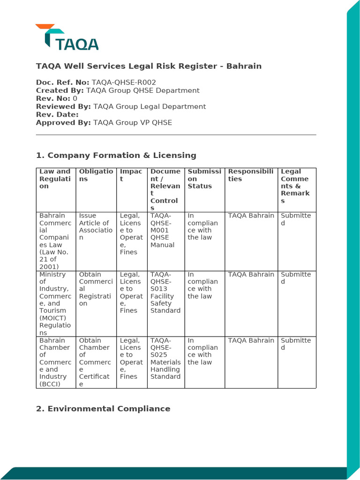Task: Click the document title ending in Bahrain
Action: click(x=149, y=66)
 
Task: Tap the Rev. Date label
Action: click(x=57, y=114)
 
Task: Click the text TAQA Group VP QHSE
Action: click(x=133, y=123)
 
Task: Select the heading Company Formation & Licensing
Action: click(x=116, y=155)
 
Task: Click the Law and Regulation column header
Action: click(x=55, y=179)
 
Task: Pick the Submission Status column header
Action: click(x=204, y=179)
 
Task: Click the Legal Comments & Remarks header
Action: click(x=296, y=186)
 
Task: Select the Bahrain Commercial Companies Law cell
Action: click(x=55, y=241)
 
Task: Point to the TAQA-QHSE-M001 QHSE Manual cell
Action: click(x=165, y=230)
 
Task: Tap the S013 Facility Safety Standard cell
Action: click(x=165, y=292)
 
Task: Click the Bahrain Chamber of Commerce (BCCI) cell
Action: click(x=55, y=362)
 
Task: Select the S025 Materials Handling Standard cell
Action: click(x=165, y=359)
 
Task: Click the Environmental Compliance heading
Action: click(x=103, y=409)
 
